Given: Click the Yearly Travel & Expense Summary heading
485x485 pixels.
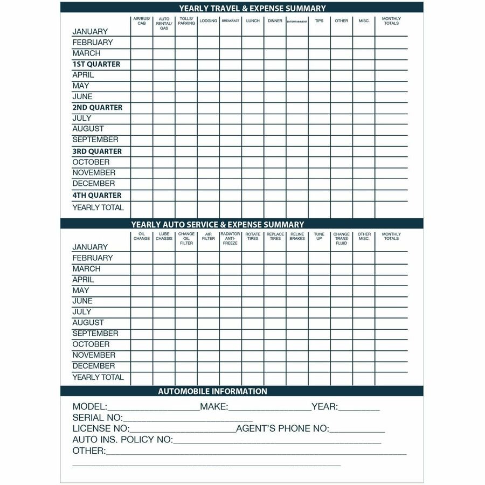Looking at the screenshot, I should [252, 8].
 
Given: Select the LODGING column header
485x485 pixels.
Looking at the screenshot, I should [208, 21].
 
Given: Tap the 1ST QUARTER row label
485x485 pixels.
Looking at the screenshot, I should [96, 64].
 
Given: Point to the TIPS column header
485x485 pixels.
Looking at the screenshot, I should [319, 21].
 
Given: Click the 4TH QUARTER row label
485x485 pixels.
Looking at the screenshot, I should [96, 195].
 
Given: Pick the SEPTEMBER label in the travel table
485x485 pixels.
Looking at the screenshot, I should [95, 140].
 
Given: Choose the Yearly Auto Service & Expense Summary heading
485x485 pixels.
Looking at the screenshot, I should [217, 224].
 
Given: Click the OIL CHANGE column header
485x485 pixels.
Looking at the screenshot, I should [142, 237].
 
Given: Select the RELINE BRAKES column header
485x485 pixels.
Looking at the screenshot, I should [297, 237].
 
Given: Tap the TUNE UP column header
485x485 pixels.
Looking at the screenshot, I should [319, 237].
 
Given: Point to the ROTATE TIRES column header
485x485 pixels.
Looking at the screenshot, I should [253, 237].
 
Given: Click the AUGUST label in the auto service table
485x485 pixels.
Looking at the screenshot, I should [88, 323].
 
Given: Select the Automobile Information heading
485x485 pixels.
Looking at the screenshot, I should [212, 391].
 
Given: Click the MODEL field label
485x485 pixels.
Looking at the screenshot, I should [90, 407].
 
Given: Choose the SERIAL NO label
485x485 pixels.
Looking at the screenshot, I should [98, 418].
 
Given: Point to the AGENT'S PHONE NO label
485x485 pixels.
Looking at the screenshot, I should [282, 429].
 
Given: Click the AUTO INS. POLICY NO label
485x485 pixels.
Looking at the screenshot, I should [123, 440].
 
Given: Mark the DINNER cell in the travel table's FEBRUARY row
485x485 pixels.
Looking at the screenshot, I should [275, 43].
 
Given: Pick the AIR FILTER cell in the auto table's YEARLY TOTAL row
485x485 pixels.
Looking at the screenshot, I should [208, 378].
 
